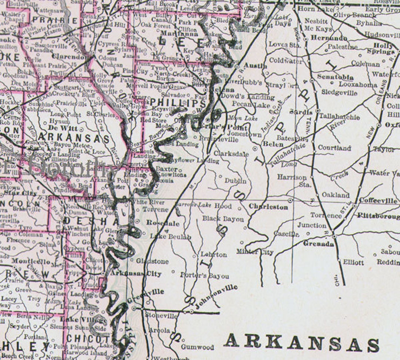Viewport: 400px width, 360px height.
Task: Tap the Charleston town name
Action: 268,207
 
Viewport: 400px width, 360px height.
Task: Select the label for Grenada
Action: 319,243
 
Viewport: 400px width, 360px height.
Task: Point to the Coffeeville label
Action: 378,201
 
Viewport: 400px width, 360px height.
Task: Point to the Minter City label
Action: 255,252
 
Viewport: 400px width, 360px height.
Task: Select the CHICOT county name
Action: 85,339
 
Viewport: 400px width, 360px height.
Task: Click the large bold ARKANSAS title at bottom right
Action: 302,343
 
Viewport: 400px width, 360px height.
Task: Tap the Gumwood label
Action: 197,347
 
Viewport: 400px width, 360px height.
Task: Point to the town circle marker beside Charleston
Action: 290,200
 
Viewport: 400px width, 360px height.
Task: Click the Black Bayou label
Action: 223,219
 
